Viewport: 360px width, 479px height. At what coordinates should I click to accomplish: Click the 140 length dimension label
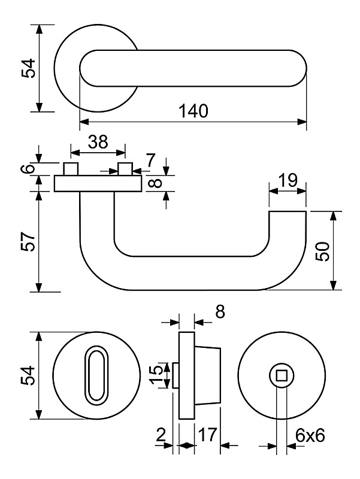(193, 111)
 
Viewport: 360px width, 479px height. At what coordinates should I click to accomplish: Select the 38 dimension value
(98, 141)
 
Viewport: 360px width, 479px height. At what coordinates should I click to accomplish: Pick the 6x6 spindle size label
(310, 436)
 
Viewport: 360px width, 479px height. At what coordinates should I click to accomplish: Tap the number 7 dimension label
(150, 160)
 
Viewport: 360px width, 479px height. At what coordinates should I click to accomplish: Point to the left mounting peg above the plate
(71, 168)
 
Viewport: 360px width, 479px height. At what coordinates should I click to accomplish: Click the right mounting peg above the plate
(125, 168)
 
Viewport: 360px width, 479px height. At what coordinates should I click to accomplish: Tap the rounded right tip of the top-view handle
(300, 68)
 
